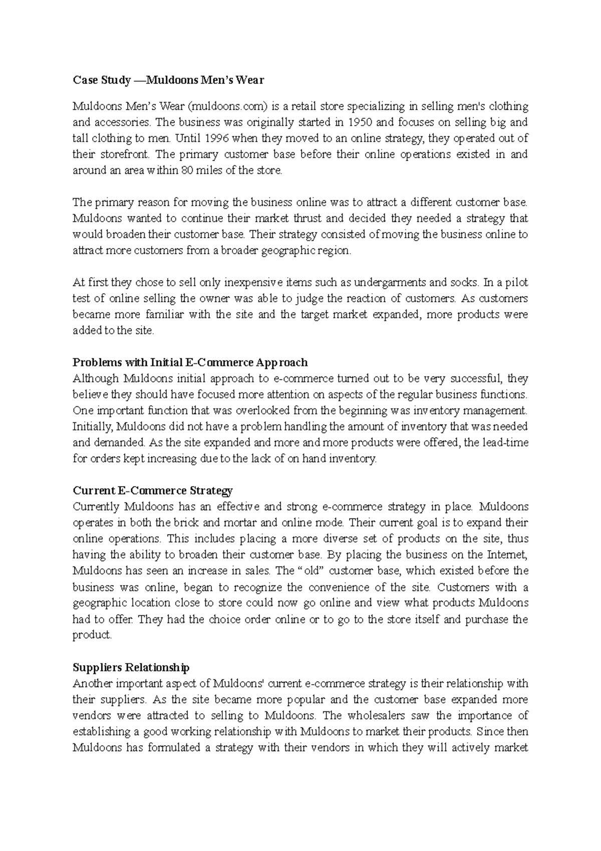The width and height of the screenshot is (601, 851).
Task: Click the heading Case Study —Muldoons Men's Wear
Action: tap(168, 80)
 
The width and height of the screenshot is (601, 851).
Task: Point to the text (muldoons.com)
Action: tap(228, 106)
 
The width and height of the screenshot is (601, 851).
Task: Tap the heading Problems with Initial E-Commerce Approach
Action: tap(190, 362)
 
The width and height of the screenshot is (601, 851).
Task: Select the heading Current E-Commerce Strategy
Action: tap(152, 490)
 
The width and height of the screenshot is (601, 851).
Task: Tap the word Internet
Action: tap(506, 555)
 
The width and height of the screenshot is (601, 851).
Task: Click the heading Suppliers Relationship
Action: tap(131, 668)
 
